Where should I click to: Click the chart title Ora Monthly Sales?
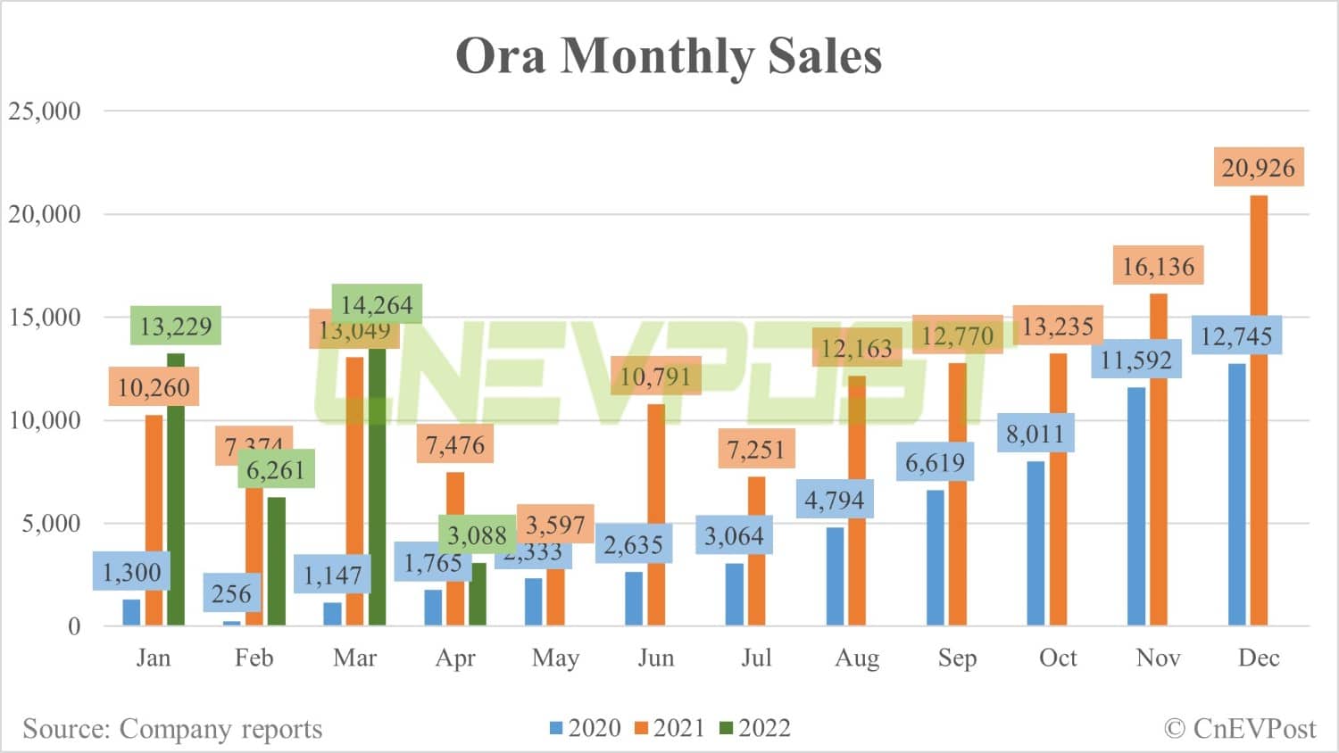(x=669, y=56)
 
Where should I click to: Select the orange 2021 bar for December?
(x=1259, y=410)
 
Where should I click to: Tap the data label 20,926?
(x=1258, y=168)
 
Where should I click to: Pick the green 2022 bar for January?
(x=176, y=491)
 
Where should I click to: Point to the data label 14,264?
(x=377, y=305)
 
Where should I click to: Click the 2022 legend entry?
(x=755, y=728)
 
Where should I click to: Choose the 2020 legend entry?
(x=585, y=728)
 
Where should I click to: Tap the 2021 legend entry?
(x=669, y=728)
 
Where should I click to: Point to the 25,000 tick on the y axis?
(x=45, y=112)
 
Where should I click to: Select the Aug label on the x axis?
(x=857, y=658)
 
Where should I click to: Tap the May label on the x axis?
(x=555, y=658)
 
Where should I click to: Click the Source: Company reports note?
(x=172, y=729)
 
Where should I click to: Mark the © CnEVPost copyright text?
(x=1240, y=729)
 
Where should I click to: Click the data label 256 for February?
(x=231, y=594)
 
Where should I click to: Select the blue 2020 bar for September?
(x=935, y=558)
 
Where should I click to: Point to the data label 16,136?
(x=1158, y=266)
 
